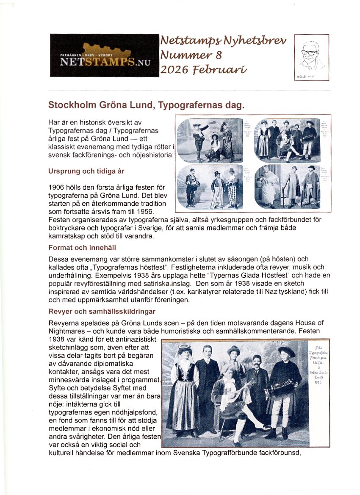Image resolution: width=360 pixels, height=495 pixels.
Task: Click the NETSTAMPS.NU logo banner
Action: coord(104,55)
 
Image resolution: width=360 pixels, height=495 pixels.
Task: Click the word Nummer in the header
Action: coord(178,55)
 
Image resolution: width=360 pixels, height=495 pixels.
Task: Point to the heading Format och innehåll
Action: coord(82,247)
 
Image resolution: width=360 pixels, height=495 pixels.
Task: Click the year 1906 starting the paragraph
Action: coord(56,187)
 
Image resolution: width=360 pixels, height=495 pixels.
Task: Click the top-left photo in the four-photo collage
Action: coord(210,140)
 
